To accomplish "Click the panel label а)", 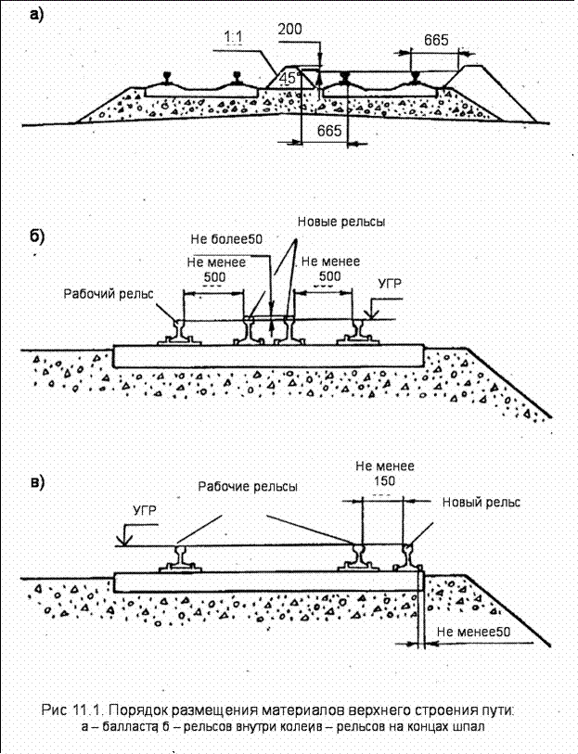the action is click(36, 15).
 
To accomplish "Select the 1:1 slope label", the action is click(234, 36).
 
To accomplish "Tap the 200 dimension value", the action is click(290, 29).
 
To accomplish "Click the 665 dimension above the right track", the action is click(436, 40).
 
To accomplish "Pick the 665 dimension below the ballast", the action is click(329, 131).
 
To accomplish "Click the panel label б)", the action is click(37, 236).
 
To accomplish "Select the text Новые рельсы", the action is click(341, 222).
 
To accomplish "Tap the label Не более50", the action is click(226, 239).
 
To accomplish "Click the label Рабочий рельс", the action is click(109, 293).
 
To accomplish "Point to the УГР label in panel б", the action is click(390, 284).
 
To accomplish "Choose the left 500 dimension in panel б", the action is click(214, 277).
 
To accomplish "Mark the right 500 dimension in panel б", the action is click(330, 276).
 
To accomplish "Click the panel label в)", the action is click(37, 481).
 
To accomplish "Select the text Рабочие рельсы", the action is click(248, 487).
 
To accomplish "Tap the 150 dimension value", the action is click(384, 480).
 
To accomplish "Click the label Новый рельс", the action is click(481, 503).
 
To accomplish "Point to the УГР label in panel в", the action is click(145, 510).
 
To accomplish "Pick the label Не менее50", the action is click(473, 632).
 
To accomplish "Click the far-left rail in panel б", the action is click(179, 332).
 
